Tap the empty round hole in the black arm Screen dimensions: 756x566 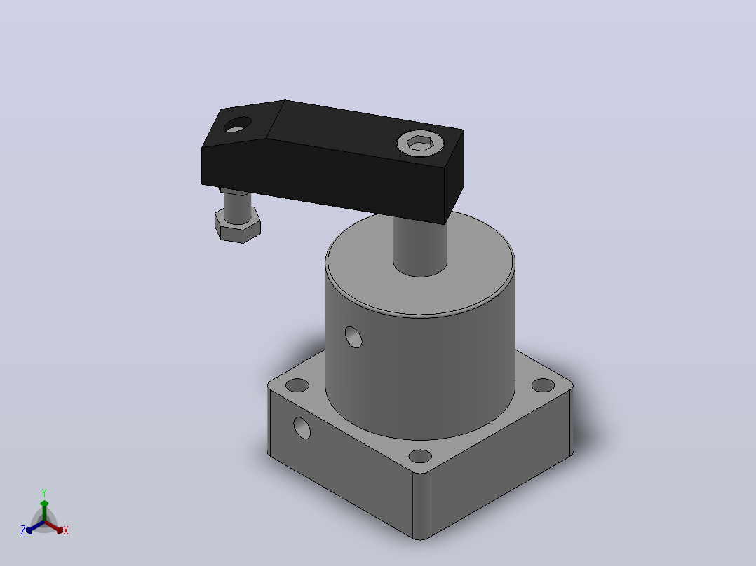[238, 125]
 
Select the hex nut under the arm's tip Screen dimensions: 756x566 [238, 226]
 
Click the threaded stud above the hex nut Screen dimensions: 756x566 [237, 207]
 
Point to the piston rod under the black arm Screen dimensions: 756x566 [420, 246]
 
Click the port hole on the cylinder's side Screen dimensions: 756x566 [353, 337]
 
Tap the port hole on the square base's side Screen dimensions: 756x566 [302, 428]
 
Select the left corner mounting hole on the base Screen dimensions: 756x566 [297, 385]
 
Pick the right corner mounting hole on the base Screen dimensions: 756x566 [543, 385]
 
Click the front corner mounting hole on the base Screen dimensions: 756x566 [420, 456]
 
